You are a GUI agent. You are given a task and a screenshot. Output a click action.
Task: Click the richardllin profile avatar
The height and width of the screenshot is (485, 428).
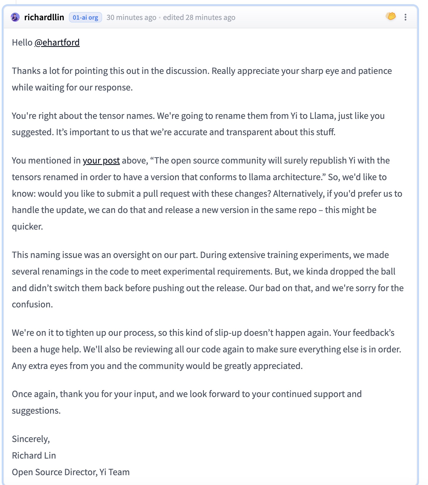coord(15,17)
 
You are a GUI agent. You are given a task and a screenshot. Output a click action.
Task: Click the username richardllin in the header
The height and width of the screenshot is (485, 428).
coord(44,17)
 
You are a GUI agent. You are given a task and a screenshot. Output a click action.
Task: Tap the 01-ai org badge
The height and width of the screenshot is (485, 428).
coord(85,17)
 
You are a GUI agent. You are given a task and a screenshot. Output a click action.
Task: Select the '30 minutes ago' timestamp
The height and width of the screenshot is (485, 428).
coord(131,17)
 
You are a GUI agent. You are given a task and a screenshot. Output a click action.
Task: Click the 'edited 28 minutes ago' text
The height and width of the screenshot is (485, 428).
coord(199,17)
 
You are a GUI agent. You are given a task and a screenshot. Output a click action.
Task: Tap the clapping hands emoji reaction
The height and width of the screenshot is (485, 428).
coord(391,16)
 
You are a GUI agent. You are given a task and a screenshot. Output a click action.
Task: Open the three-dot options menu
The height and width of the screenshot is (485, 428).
coord(405,17)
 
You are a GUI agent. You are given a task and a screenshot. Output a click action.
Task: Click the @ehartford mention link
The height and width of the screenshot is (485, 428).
coord(57,42)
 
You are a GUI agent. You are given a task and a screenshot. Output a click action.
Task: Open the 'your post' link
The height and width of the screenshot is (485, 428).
coord(101,160)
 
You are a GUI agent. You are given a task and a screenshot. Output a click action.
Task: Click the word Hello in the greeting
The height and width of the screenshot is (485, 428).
coord(22,42)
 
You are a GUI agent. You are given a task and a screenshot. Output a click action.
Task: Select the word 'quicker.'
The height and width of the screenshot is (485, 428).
coord(27,226)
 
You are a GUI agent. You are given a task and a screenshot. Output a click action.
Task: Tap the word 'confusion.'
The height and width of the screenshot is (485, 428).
coord(32,304)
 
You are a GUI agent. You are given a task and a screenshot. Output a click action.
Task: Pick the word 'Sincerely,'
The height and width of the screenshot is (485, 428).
coord(31,439)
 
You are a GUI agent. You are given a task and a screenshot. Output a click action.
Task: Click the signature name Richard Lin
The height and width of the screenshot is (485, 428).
coord(34,455)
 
